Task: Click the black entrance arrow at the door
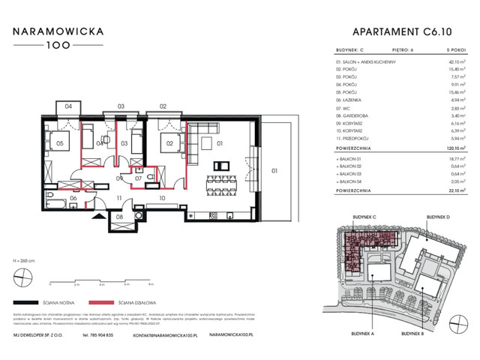pos(97,214)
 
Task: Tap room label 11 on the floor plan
pos(118,199)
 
